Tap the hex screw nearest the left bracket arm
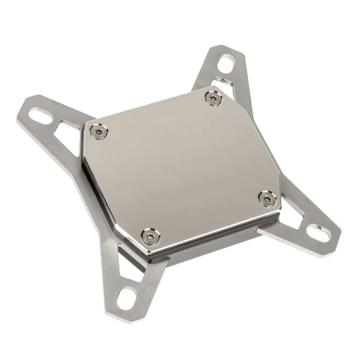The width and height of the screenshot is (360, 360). [x=99, y=132]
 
